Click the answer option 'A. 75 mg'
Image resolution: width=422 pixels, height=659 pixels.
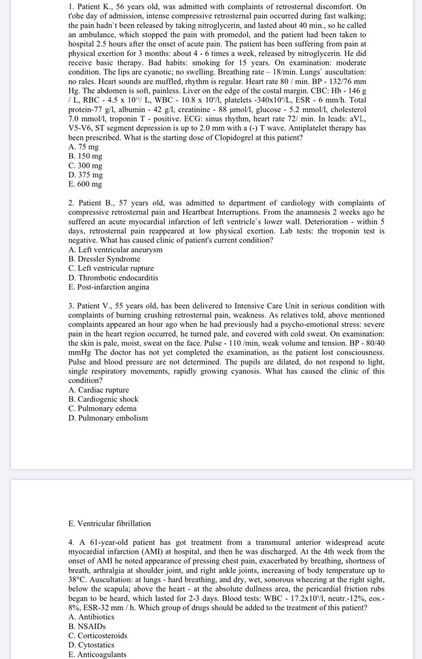(x=84, y=147)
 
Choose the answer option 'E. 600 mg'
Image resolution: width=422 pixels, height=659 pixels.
(x=85, y=184)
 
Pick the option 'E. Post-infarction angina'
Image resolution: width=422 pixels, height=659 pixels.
(x=109, y=287)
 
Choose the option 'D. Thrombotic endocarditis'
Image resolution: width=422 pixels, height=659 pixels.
(x=113, y=278)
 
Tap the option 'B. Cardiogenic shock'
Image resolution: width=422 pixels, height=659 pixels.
(x=103, y=399)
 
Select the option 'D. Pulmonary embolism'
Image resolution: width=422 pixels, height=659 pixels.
(x=108, y=418)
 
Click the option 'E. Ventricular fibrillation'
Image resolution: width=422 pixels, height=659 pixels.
(x=110, y=523)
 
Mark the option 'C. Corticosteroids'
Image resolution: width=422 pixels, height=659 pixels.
(x=98, y=636)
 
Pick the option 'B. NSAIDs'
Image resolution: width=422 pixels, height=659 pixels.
(x=87, y=626)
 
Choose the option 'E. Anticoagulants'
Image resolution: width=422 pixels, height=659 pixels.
(x=97, y=654)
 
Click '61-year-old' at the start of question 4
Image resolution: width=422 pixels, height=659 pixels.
(x=106, y=542)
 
